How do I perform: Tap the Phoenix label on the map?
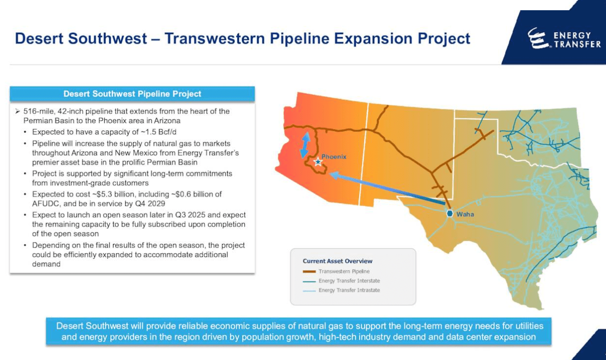click(334, 156)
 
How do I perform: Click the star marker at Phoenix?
click(318, 162)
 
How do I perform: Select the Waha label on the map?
click(465, 214)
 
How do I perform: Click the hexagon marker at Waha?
click(450, 213)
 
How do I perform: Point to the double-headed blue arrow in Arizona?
click(306, 144)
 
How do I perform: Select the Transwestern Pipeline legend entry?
click(343, 271)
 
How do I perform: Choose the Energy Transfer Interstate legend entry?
click(349, 281)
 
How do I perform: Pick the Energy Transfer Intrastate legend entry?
click(349, 290)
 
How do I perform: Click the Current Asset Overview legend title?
click(337, 261)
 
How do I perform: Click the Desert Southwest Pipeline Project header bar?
click(132, 94)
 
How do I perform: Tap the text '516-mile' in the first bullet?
click(37, 111)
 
